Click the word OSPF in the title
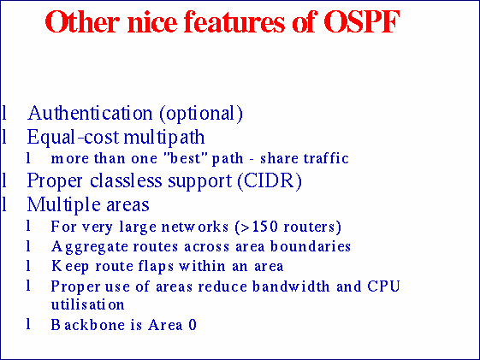[362, 23]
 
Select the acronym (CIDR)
[272, 181]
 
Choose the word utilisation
[87, 304]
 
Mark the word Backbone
[81, 325]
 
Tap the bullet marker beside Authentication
[6, 113]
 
